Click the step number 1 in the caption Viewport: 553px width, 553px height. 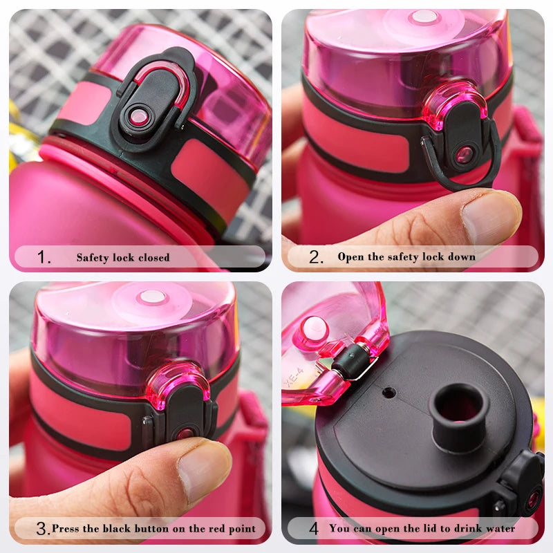44,258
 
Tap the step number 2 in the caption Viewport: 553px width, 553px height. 316,258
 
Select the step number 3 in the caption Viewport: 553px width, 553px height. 42,529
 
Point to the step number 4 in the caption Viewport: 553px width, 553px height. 314,529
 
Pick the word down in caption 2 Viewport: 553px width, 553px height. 460,257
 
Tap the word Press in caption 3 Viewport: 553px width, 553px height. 65,529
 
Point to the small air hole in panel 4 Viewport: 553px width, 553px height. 389,393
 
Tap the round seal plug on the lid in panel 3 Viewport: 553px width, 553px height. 151,297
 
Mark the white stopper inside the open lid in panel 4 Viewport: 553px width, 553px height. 315,328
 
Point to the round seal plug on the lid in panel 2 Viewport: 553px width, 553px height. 424,17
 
